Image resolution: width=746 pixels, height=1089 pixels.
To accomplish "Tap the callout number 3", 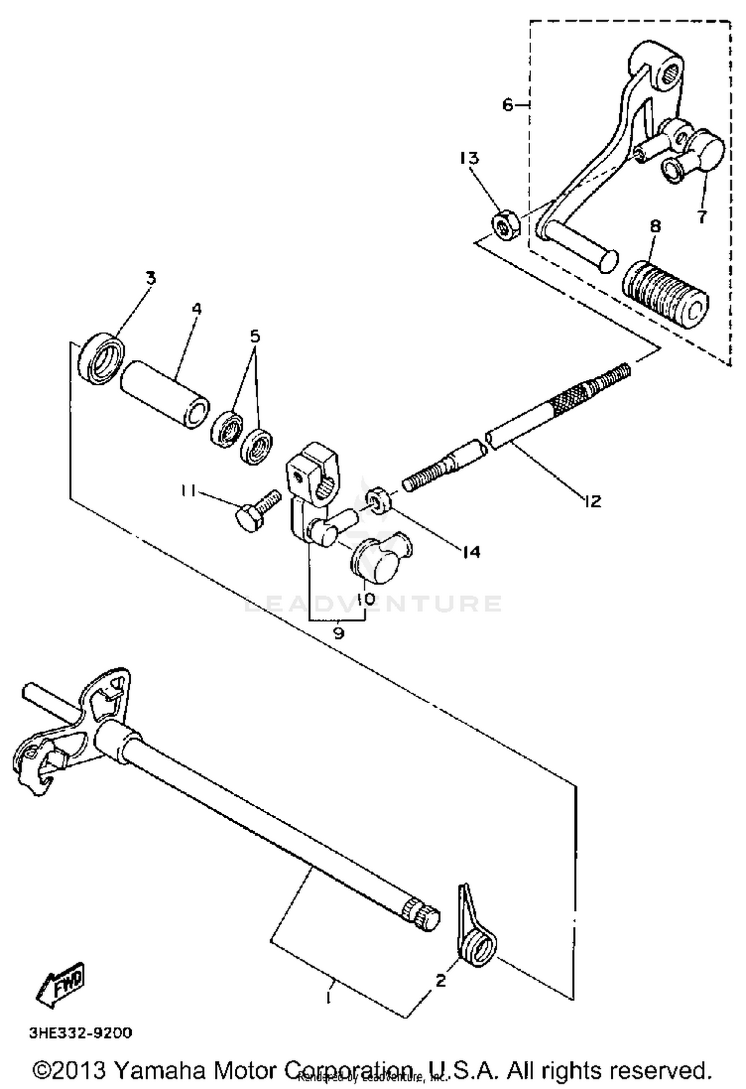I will (151, 277).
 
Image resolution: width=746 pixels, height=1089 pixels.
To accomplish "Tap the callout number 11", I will (188, 491).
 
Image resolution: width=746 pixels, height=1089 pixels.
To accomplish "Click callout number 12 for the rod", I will (592, 500).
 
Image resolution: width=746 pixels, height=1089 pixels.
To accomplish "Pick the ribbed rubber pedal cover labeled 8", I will (665, 297).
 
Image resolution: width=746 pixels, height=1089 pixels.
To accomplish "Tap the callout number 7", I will (701, 217).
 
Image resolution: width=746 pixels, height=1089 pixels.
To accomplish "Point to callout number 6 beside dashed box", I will (507, 105).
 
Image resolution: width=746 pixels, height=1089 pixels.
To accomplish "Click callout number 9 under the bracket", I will (338, 634).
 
